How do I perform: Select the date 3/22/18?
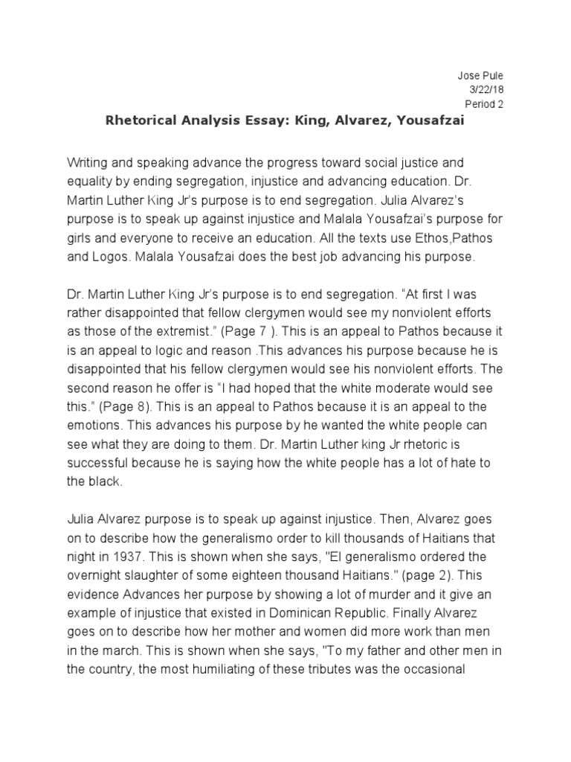[x=488, y=90]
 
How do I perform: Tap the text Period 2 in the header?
[x=484, y=104]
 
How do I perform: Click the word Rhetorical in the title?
[x=141, y=122]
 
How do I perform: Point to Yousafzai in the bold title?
[x=430, y=122]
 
